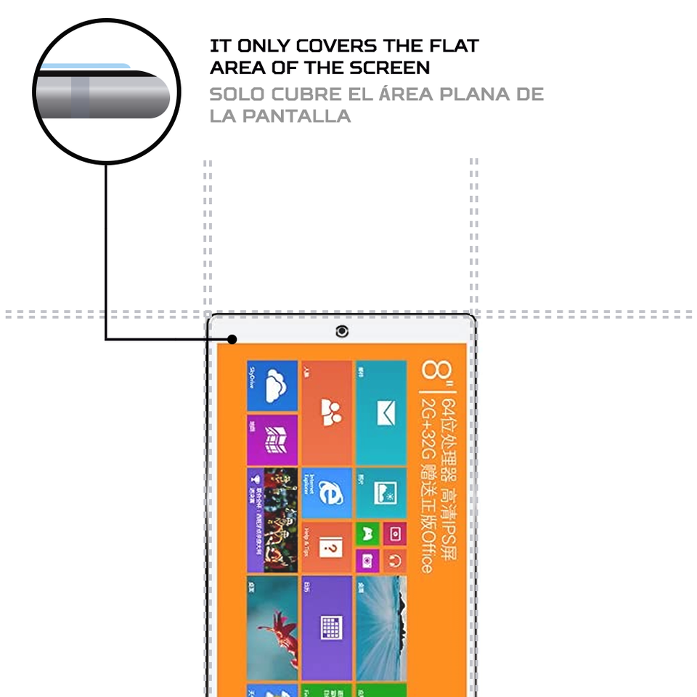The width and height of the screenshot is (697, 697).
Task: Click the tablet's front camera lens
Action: (342, 332)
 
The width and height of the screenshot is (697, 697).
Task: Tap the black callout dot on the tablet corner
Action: (232, 339)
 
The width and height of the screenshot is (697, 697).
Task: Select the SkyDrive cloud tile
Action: (273, 386)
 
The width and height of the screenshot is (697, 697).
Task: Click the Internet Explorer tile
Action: (326, 493)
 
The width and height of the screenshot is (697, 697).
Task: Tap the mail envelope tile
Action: (381, 413)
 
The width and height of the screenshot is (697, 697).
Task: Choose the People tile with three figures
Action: (326, 413)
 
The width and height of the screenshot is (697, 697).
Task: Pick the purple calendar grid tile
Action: (326, 627)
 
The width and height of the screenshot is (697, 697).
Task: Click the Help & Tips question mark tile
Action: (326, 547)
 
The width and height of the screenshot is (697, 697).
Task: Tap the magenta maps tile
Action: (273, 439)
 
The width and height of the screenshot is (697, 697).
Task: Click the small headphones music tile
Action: (394, 560)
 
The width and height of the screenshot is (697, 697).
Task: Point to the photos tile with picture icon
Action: (381, 493)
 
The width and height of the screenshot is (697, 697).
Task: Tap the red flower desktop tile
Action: (273, 627)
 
